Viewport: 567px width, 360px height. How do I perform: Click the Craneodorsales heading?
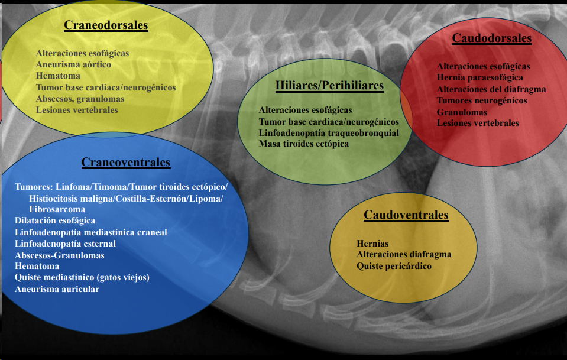point(106,25)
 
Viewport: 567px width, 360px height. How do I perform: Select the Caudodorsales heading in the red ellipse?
point(491,38)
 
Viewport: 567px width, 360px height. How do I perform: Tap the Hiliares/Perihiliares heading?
point(329,86)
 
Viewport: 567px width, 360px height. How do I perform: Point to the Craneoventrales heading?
point(125,162)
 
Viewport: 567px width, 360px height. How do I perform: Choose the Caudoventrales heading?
point(406,215)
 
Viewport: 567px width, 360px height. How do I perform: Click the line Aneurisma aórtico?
point(73,64)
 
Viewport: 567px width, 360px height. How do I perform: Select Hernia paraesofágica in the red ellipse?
point(479,77)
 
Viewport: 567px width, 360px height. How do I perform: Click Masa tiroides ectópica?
point(303,144)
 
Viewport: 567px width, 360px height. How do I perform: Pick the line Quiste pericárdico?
point(394,266)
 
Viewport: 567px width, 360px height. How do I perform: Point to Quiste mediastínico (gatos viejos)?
point(82,278)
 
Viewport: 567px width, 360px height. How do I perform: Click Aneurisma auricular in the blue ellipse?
point(57,289)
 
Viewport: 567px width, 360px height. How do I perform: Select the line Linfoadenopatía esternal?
point(65,244)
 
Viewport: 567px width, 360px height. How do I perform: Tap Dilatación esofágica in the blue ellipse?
point(54,221)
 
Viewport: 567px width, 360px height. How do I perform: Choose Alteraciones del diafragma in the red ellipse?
point(491,89)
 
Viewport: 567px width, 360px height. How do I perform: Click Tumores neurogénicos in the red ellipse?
point(482,100)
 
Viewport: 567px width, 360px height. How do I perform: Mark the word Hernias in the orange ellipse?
point(372,244)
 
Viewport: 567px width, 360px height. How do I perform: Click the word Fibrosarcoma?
point(57,209)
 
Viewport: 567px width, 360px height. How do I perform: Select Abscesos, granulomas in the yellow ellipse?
point(80,99)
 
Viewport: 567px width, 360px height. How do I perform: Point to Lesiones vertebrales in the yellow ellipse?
point(77,110)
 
